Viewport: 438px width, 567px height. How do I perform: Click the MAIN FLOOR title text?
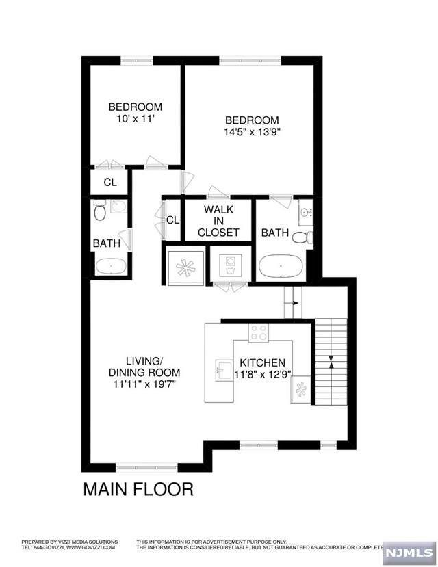coord(138,489)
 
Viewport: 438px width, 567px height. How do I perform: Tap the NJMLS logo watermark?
coord(409,553)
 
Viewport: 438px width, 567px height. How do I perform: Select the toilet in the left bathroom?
coord(99,210)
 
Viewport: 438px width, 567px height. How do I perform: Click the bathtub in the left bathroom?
coord(111,267)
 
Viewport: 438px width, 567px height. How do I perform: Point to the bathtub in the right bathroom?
coord(282,266)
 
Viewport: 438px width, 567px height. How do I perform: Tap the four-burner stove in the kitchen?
coord(259,332)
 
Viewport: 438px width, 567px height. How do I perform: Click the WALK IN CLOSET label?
coord(218,221)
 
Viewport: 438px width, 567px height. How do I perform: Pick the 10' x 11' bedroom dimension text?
coord(133,118)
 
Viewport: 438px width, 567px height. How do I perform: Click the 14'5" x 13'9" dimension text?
coord(252,131)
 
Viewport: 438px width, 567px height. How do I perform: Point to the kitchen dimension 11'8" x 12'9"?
coord(263,374)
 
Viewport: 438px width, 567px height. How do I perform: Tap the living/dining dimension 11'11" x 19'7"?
coord(144,384)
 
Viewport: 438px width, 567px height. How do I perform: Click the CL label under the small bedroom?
coord(110,182)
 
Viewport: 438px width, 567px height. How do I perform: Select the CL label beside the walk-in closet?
coord(172,220)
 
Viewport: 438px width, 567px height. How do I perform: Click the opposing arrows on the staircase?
coord(331,362)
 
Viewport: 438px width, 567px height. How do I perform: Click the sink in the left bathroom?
coord(118,207)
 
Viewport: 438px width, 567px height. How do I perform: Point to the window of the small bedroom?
coord(137,60)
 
